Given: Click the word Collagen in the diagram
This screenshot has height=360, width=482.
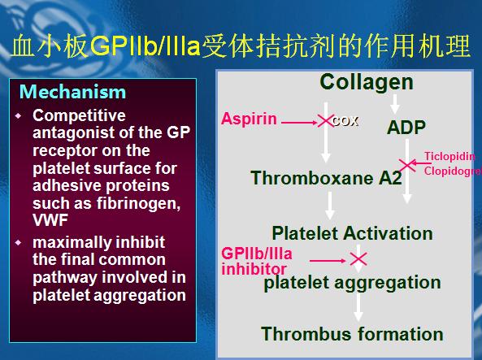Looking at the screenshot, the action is pyautogui.click(x=367, y=82).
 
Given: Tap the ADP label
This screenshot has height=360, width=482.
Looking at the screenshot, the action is pyautogui.click(x=406, y=128).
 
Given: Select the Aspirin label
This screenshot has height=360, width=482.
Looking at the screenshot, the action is pyautogui.click(x=249, y=119).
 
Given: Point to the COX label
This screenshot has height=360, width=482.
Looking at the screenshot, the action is pyautogui.click(x=345, y=121).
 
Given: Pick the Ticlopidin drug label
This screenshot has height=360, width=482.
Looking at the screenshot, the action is pyautogui.click(x=449, y=157).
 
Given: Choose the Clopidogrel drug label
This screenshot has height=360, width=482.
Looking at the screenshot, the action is pyautogui.click(x=453, y=171).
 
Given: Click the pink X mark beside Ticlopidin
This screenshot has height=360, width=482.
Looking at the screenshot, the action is pyautogui.click(x=407, y=165).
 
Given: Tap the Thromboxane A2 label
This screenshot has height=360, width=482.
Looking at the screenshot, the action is pyautogui.click(x=326, y=178).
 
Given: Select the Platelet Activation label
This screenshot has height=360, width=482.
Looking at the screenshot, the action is pyautogui.click(x=352, y=233).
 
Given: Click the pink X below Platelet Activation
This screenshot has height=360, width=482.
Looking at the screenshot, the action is pyautogui.click(x=358, y=258).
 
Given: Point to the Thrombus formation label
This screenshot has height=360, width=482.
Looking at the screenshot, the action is pyautogui.click(x=352, y=334).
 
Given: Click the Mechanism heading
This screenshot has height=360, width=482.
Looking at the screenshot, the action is pyautogui.click(x=72, y=92).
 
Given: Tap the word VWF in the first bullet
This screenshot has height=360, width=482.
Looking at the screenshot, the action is pyautogui.click(x=50, y=220).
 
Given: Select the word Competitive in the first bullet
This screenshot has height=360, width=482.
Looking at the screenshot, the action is pyautogui.click(x=79, y=116).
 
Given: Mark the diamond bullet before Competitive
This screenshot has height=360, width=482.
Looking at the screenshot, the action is pyautogui.click(x=19, y=115).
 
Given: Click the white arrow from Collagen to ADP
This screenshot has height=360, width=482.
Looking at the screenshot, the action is pyautogui.click(x=395, y=104).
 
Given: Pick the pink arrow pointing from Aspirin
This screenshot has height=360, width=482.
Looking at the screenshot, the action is pyautogui.click(x=299, y=123).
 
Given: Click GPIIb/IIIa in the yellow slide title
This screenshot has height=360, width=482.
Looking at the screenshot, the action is pyautogui.click(x=145, y=46).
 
